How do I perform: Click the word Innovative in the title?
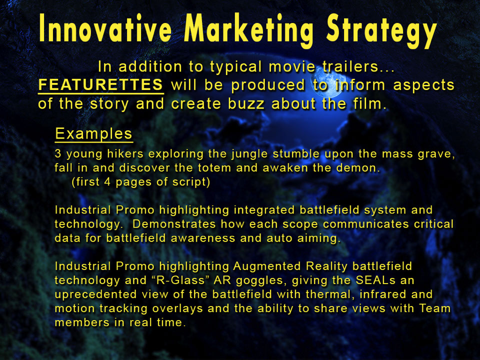click(x=105, y=28)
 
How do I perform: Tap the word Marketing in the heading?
click(x=249, y=30)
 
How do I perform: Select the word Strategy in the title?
click(x=381, y=30)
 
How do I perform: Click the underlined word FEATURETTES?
click(x=100, y=85)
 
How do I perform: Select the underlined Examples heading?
click(x=93, y=134)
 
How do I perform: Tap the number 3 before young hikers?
click(x=58, y=153)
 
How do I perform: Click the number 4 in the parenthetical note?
click(x=107, y=182)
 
